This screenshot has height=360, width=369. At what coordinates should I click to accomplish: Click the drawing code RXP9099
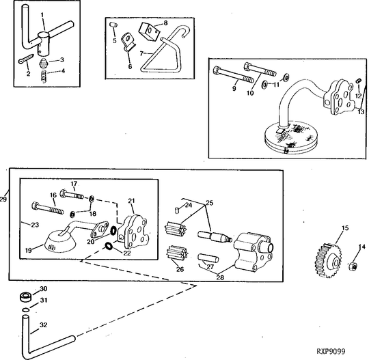coord(331,351)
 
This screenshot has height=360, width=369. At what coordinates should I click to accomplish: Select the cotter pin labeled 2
coord(26,59)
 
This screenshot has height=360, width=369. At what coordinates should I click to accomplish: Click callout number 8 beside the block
coord(165,23)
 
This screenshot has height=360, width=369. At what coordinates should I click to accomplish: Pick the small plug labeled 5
coord(114,25)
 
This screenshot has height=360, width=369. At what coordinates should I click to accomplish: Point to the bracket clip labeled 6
coord(128,42)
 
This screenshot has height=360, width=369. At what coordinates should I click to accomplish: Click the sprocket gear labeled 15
coord(328,261)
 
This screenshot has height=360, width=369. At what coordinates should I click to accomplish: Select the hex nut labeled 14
coord(353,266)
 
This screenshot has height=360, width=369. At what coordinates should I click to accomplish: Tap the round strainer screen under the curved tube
coord(291,138)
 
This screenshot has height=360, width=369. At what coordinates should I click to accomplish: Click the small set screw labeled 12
coord(359,81)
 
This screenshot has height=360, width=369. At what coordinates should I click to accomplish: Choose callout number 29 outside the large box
coord(3,199)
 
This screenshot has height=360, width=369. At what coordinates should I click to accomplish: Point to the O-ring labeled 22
coord(109,246)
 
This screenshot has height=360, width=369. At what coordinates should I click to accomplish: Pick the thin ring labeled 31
coord(26,310)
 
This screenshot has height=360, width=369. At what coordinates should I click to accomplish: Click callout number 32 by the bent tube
coord(43,325)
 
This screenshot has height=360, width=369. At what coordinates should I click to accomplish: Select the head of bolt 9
coord(217,70)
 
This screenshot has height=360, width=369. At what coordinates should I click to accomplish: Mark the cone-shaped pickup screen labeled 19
coord(59,243)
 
